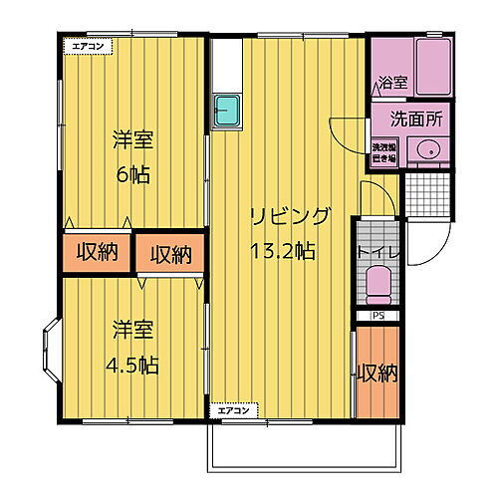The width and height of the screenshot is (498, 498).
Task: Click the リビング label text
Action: point(289,217)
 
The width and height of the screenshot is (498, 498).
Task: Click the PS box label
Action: point(377,317)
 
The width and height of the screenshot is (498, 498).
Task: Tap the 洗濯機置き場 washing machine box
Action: point(383,152)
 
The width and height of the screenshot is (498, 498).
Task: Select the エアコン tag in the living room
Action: point(236,408)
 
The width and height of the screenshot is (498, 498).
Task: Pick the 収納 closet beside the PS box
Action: point(377,373)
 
